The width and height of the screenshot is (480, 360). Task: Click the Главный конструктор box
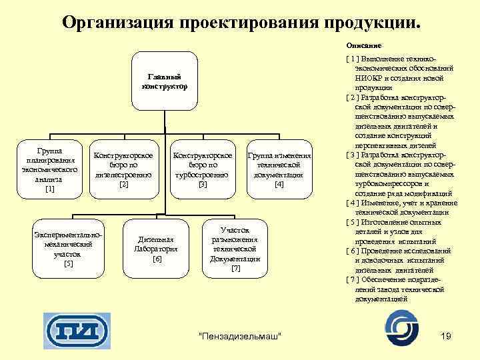click(164, 83)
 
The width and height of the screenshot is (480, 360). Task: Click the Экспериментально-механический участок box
click(68, 248)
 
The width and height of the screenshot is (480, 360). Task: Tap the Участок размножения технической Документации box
click(235, 248)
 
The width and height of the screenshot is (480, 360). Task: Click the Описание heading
click(363, 46)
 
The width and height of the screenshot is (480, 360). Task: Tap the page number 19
click(446, 333)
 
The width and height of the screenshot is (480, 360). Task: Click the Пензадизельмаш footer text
click(241, 333)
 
